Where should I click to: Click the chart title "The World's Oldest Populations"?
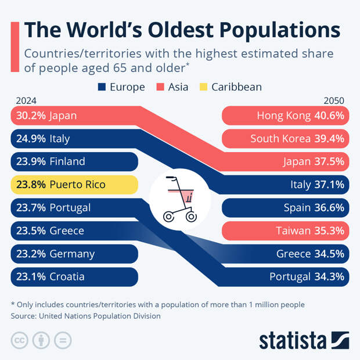coord(181,30)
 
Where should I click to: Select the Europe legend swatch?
coord(102,87)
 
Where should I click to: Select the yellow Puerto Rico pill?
coord(74,185)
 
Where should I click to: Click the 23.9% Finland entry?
coord(74,161)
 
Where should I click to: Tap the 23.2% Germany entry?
coord(74,254)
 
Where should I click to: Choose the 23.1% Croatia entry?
coord(74,277)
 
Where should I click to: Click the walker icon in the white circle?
coord(180,199)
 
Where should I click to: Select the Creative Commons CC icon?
coord(19,340)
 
